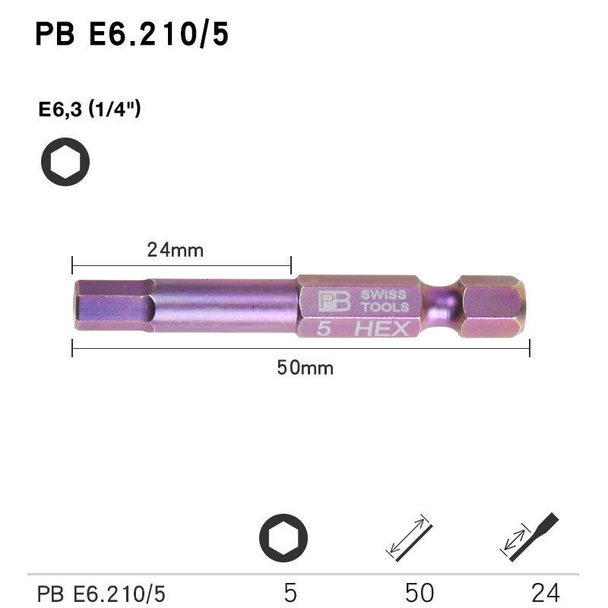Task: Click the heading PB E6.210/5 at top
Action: click(131, 34)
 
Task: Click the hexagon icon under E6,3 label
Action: click(65, 162)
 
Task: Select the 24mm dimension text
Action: click(175, 249)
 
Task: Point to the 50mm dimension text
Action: click(304, 368)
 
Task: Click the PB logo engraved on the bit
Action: click(334, 301)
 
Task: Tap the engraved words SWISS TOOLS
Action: click(384, 301)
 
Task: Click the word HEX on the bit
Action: click(382, 329)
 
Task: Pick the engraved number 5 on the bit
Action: click(323, 329)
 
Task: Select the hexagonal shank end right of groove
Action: click(492, 306)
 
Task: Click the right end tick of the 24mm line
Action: click(291, 265)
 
